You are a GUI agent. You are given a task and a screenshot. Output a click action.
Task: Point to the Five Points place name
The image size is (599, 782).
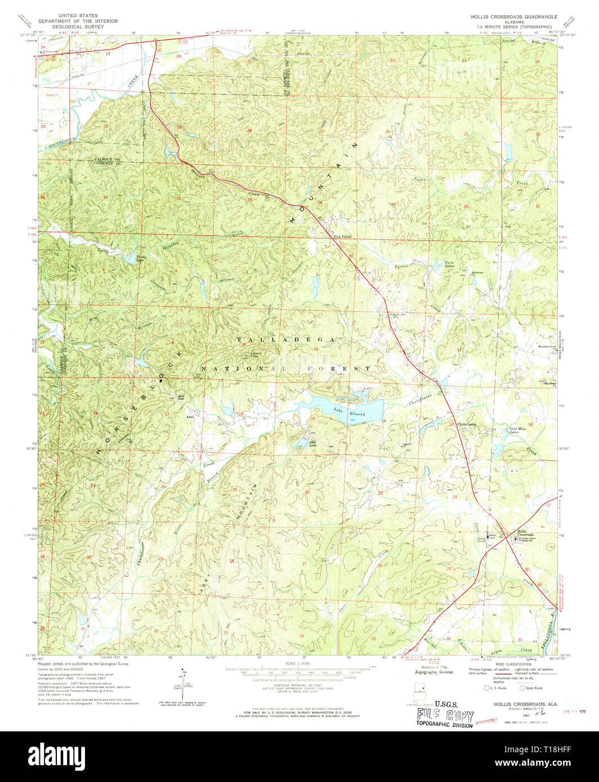point(342,237)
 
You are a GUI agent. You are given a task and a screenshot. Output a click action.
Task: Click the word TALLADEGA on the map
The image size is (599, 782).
point(287,340)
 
